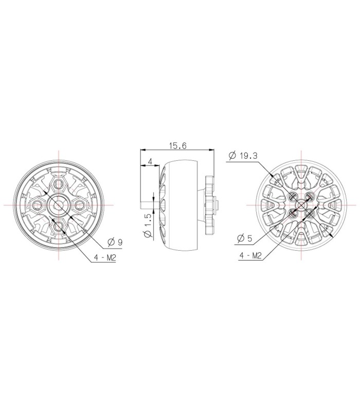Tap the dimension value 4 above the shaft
[x=150, y=162]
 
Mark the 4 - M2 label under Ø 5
[x=251, y=255]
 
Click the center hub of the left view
[x=59, y=204]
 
